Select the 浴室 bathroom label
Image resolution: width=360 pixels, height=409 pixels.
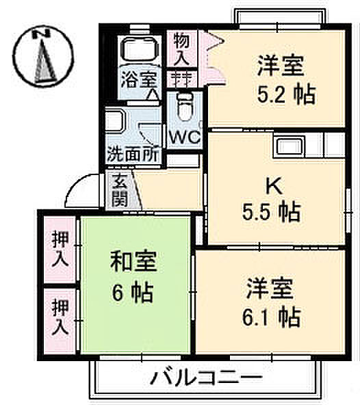point(139,79)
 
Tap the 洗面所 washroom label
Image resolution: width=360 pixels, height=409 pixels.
point(133,154)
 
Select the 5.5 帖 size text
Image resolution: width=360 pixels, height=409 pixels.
point(273,211)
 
